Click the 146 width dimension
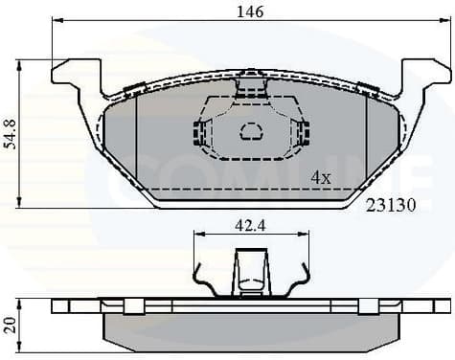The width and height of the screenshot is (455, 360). [250, 12]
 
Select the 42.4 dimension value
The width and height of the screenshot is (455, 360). [250, 227]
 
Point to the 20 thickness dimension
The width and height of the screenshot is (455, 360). [10, 324]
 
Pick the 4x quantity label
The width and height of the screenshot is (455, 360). [321, 178]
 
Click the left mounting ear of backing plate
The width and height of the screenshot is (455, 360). [77, 77]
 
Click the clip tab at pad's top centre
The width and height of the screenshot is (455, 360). [251, 81]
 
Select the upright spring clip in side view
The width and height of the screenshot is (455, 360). [251, 273]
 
